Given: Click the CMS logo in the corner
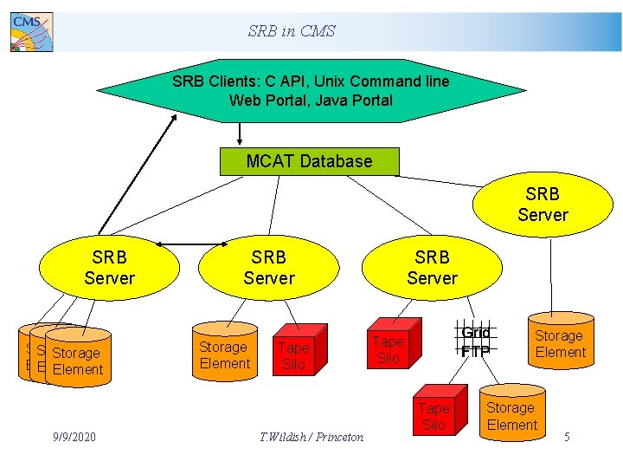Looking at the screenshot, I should tap(31, 32).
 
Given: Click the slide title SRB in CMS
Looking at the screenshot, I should tap(291, 31).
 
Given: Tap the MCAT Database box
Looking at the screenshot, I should tap(309, 161).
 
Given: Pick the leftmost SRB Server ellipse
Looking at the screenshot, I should tap(109, 268).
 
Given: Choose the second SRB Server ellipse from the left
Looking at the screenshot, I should tap(268, 268).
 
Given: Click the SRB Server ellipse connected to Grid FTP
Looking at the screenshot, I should tap(432, 268).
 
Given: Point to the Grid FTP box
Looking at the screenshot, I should tap(475, 341).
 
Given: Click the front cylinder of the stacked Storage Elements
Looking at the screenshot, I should tap(78, 361).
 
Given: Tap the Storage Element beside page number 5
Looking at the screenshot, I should tap(511, 416).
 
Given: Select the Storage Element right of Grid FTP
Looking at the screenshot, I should tap(560, 344).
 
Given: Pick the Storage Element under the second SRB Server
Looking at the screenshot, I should tap(223, 355).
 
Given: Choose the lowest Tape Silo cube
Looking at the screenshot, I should tap(434, 415).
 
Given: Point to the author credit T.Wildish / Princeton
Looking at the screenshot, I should tap(311, 437).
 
